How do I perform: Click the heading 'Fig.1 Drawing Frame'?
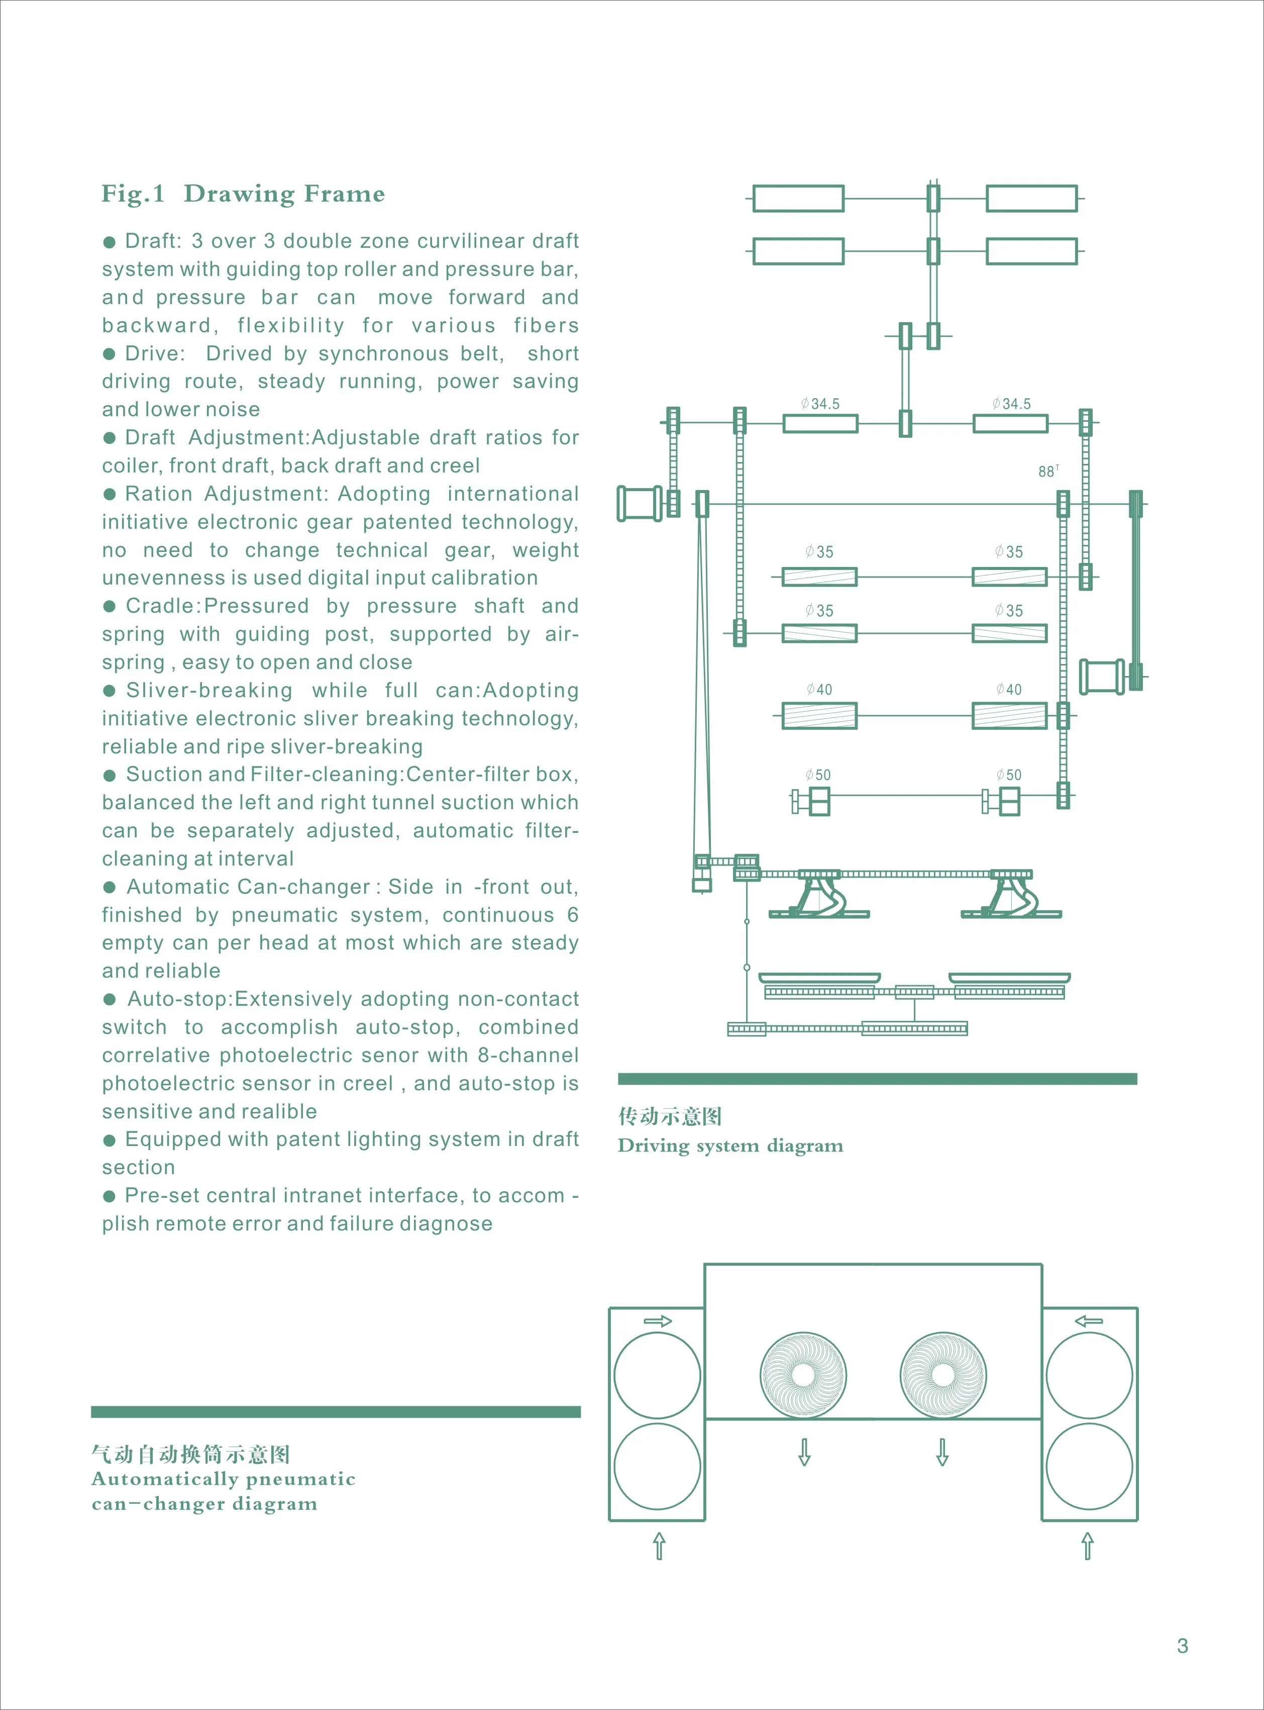[243, 194]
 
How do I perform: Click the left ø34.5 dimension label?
[820, 404]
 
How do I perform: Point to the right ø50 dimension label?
[1009, 775]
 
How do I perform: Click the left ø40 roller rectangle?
[819, 716]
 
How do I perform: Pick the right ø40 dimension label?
[1009, 689]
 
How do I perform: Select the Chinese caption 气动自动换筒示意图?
[190, 1454]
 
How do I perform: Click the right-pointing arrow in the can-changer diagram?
[657, 1320]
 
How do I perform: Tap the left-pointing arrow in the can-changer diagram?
[1088, 1320]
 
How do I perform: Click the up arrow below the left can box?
[659, 1546]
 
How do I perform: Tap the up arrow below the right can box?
[1087, 1546]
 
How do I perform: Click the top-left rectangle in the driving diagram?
[798, 198]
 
